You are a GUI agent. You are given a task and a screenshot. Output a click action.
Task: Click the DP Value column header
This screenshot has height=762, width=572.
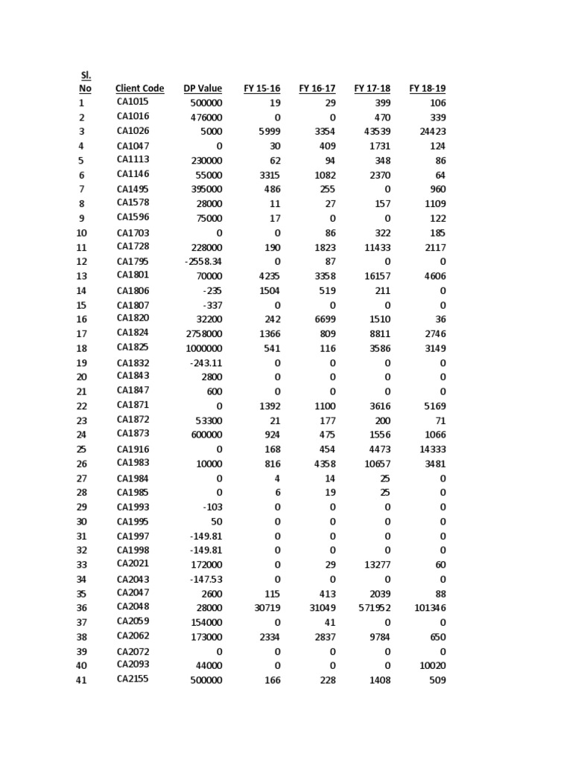[203, 89]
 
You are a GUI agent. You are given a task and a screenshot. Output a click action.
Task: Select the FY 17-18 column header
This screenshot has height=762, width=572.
[372, 89]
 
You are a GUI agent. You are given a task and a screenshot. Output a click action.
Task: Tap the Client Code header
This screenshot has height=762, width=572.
[140, 89]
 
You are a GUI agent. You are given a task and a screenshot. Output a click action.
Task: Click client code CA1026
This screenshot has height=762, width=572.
[133, 131]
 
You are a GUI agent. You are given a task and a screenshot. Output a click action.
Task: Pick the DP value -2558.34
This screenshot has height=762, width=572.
[203, 261]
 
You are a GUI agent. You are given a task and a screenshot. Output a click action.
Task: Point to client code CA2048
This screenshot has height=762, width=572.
[133, 607]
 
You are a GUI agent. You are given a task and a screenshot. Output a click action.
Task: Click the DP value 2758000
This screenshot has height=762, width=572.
[203, 333]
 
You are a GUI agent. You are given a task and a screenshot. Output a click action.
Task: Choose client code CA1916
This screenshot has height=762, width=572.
[133, 449]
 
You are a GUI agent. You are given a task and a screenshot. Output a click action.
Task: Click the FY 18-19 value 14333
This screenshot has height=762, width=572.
[431, 449]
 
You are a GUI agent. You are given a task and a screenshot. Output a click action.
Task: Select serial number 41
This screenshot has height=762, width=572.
[82, 680]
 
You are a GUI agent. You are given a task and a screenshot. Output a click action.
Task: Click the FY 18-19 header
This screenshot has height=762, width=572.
[428, 89]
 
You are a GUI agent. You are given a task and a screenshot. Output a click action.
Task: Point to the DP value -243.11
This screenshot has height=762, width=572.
[206, 362]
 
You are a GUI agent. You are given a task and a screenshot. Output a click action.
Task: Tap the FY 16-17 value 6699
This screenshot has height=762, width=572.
[322, 319]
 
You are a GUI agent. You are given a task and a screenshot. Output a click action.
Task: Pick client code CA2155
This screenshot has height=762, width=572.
[133, 679]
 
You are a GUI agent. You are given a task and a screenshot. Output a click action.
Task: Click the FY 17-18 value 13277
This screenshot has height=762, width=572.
[375, 565]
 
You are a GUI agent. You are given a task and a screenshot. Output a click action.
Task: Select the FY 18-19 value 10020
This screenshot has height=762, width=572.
[431, 665]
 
